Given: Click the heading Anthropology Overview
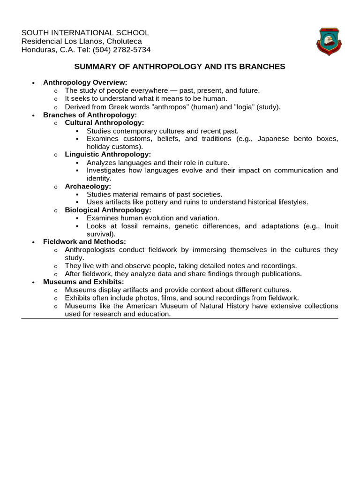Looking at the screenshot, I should (x=85, y=82).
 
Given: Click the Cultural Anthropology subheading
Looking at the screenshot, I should (x=104, y=122).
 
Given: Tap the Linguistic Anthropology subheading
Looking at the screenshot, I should (x=108, y=154).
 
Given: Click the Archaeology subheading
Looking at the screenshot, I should (x=88, y=186).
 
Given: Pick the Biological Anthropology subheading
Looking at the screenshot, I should (x=108, y=210).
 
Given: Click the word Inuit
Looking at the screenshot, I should (x=331, y=226).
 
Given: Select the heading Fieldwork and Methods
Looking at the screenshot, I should (x=84, y=242).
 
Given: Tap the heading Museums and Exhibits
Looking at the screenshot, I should (x=83, y=282).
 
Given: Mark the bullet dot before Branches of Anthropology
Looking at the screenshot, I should (x=33, y=115).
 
